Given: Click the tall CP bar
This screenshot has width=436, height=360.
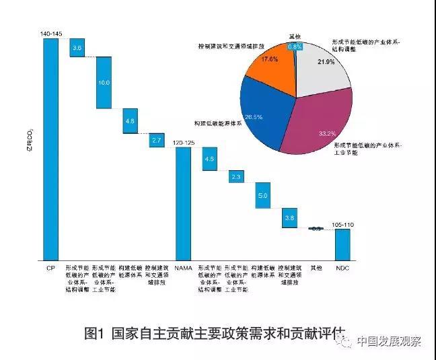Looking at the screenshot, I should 50,148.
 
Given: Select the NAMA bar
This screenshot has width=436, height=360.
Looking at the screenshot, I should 183,202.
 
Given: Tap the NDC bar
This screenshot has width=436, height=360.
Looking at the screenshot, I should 342,244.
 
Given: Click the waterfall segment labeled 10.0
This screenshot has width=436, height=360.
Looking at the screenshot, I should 104,82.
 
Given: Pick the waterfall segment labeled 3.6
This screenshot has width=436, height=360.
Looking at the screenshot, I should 77,48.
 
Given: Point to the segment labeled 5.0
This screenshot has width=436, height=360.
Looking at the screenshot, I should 262,195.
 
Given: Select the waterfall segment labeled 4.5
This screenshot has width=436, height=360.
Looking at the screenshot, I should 209,159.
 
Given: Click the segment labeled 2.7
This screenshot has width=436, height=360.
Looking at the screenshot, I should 157,140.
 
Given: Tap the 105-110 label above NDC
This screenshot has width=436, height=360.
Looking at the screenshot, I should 343,224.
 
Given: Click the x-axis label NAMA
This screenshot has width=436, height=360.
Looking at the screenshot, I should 183,268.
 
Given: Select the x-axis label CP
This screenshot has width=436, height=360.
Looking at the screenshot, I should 50,268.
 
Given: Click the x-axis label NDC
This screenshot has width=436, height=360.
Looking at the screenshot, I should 342,268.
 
